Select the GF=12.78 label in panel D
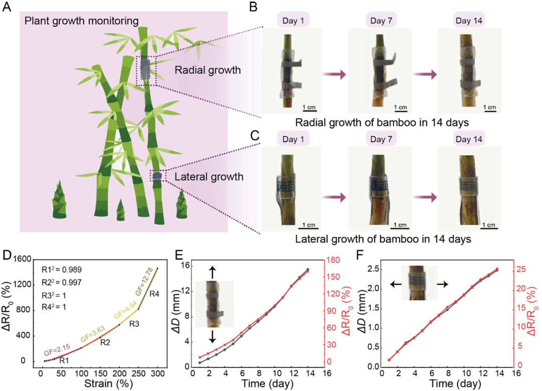point(144,282)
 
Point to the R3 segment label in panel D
point(134,324)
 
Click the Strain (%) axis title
point(108,384)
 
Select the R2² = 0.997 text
point(62,283)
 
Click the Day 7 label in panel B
point(381,21)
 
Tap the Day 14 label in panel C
point(469,140)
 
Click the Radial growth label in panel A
point(207,70)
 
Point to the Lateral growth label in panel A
point(209,177)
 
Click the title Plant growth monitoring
point(81,21)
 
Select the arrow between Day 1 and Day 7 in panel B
point(334,74)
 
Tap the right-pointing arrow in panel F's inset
point(443,284)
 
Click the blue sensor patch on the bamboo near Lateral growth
point(157,176)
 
